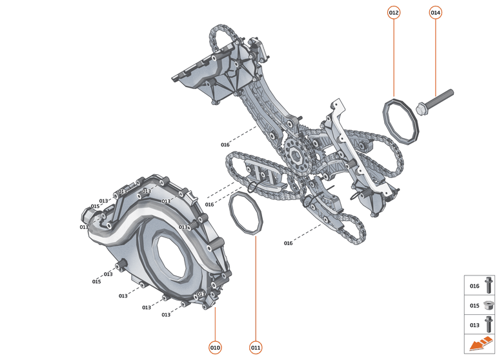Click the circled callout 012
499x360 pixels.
coord(394,12)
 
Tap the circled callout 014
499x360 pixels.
coord(435,12)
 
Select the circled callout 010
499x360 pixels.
coord(215,348)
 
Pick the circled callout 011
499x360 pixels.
coord(256,348)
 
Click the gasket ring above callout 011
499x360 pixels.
coord(245,214)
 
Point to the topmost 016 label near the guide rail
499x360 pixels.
coord(225,145)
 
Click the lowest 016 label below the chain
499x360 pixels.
coord(288,243)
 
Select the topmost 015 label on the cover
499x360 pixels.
coord(95,206)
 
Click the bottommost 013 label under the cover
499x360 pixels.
coord(166,315)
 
